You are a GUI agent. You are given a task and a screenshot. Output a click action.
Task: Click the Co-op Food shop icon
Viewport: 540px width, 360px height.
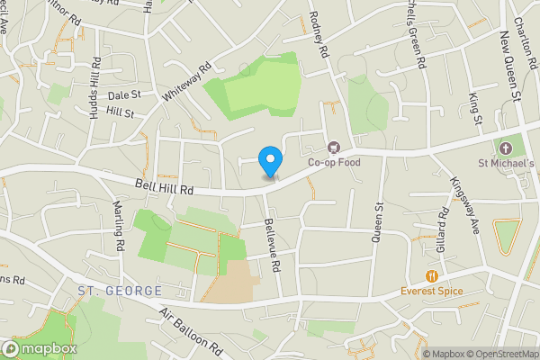333,147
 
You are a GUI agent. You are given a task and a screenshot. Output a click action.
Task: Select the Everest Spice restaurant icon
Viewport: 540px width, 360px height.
432,275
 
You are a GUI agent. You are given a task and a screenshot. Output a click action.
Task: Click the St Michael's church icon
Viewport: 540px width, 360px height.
505,148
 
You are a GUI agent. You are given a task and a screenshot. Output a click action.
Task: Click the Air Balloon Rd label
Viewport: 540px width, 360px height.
191,330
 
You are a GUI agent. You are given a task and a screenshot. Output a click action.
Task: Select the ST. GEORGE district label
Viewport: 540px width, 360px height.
119,291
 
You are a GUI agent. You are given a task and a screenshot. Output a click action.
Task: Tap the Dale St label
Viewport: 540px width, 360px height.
124,94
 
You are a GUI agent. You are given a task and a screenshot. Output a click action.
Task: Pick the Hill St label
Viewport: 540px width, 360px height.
119,113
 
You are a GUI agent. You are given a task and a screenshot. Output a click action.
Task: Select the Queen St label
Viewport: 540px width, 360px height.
379,220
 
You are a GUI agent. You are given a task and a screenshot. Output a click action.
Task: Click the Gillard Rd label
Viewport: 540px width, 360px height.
443,229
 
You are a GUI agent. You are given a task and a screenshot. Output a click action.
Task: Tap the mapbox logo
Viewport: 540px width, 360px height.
40,348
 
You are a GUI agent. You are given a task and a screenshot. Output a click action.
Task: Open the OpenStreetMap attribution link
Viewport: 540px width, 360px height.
499,354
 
